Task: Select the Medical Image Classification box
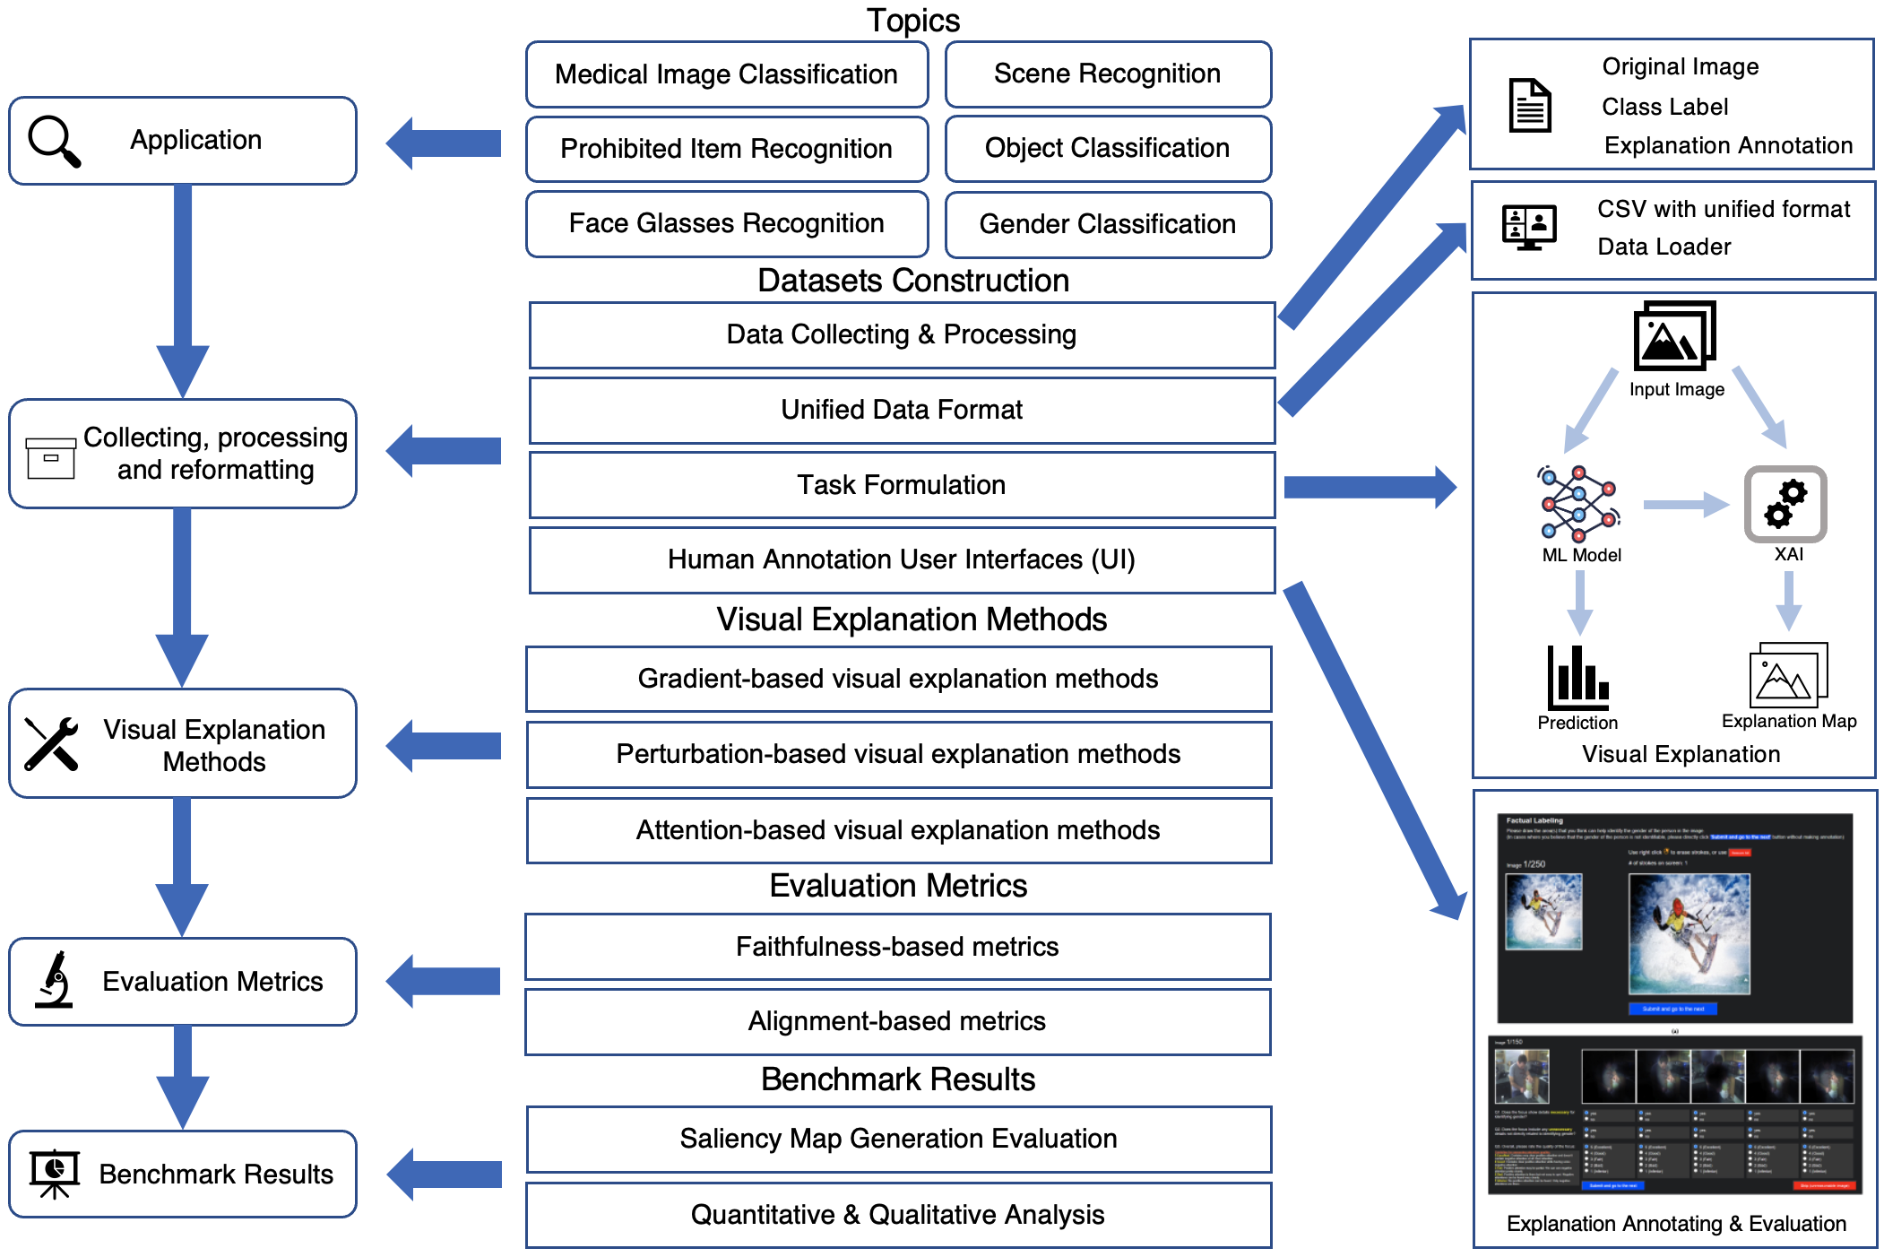(x=726, y=74)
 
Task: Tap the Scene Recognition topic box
(x=1107, y=74)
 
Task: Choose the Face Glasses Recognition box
(x=726, y=224)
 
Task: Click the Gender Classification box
(x=1107, y=224)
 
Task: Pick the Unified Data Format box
(x=901, y=411)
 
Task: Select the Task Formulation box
(x=901, y=485)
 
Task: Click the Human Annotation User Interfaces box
(x=901, y=560)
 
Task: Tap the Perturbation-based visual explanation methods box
(x=898, y=755)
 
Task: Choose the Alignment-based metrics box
(x=897, y=1022)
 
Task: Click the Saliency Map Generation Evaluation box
(x=898, y=1140)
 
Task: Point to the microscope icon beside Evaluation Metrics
(x=55, y=980)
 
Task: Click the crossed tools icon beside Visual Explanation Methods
(x=51, y=743)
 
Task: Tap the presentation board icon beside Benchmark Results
(x=55, y=1173)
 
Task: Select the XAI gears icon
(x=1785, y=504)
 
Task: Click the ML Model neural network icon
(x=1579, y=504)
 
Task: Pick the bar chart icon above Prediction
(x=1577, y=678)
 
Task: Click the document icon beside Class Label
(x=1530, y=106)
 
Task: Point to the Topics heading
(x=912, y=21)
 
